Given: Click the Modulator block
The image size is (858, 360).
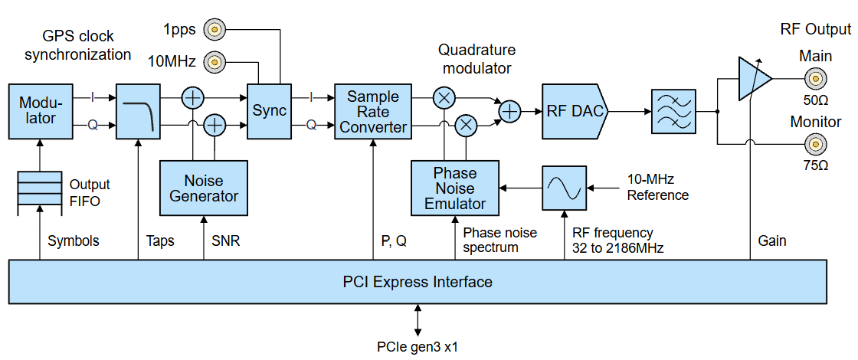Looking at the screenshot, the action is coord(41,112).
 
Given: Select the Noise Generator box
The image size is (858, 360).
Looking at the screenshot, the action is coord(204,188).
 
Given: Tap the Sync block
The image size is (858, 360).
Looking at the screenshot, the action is coord(270,111).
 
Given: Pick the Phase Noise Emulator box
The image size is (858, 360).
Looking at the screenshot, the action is coord(455,188).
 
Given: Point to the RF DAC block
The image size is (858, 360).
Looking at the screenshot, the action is coord(575,112).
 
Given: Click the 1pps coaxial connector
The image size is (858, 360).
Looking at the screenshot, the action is coord(214,30).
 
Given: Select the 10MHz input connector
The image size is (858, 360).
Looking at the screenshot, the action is coord(214,62).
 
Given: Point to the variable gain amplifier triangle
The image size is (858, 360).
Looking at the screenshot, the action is coord(754,79).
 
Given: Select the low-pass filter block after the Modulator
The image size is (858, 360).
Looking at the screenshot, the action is coord(138,112).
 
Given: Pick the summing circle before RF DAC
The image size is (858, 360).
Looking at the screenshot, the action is coord(509,112).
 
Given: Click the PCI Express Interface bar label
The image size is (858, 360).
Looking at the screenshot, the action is coord(418,283).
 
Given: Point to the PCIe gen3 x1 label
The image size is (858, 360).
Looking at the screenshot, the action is coord(418,346).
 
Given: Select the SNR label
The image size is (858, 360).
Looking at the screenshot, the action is coord(225,241).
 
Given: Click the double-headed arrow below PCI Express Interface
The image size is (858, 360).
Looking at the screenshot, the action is coord(418,321).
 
